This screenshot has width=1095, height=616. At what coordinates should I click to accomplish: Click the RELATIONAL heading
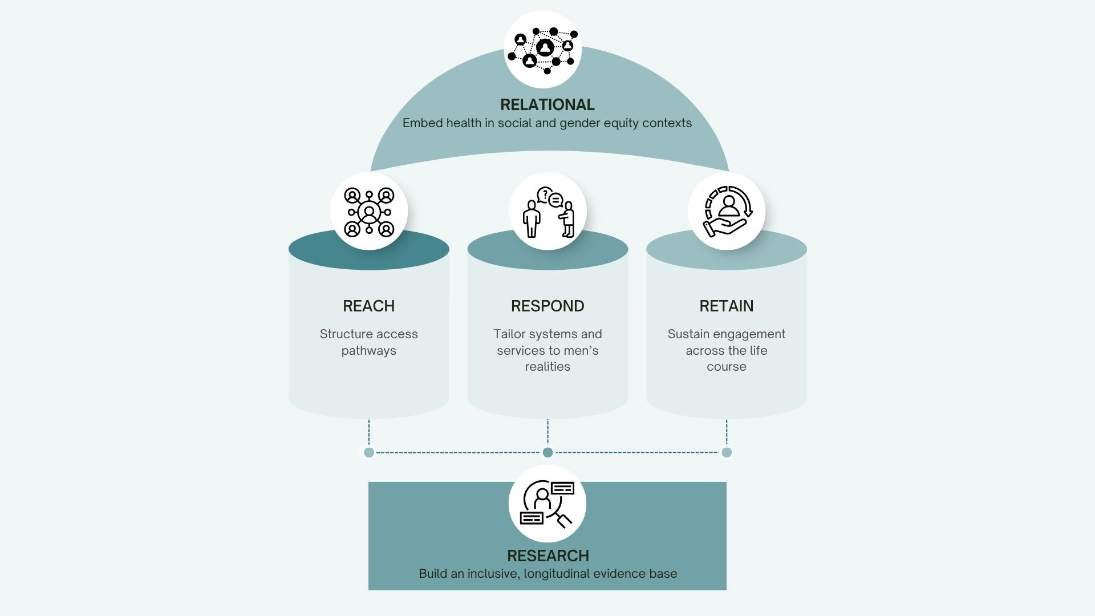click(547, 105)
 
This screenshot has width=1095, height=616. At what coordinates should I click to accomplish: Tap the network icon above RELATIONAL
click(543, 50)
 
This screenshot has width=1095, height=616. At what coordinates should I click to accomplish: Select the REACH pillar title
click(368, 306)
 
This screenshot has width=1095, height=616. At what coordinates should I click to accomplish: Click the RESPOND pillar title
click(547, 306)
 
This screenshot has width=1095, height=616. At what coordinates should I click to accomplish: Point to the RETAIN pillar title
click(726, 306)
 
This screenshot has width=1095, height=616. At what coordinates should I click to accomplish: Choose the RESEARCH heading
click(547, 556)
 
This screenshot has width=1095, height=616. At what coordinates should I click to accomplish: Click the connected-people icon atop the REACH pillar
click(369, 212)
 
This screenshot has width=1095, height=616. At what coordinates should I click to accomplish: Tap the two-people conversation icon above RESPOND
click(547, 212)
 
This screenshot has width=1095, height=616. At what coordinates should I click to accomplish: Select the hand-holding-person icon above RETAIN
click(727, 212)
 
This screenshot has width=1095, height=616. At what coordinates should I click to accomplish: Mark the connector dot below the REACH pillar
click(369, 452)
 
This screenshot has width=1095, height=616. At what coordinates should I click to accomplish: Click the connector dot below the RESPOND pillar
click(547, 452)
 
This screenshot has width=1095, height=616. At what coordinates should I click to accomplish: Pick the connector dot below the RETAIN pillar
click(727, 452)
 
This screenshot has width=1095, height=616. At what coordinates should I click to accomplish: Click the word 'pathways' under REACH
click(368, 351)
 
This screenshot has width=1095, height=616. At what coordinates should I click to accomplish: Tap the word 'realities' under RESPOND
click(547, 367)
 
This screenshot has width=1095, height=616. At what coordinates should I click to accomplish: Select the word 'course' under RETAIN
click(726, 367)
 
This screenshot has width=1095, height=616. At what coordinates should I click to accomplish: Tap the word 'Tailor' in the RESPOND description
click(510, 334)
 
